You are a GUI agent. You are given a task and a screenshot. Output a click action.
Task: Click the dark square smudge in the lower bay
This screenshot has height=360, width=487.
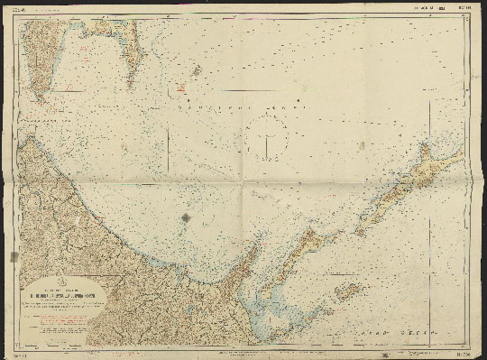(x=186, y=217)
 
